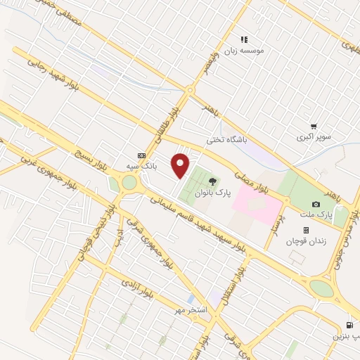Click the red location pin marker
[x=181, y=165]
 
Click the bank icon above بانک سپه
[x=142, y=155]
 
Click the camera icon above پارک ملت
[x=316, y=204]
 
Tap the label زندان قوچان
[x=303, y=241]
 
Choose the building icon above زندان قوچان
[x=306, y=230]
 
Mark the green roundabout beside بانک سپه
[x=129, y=184]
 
